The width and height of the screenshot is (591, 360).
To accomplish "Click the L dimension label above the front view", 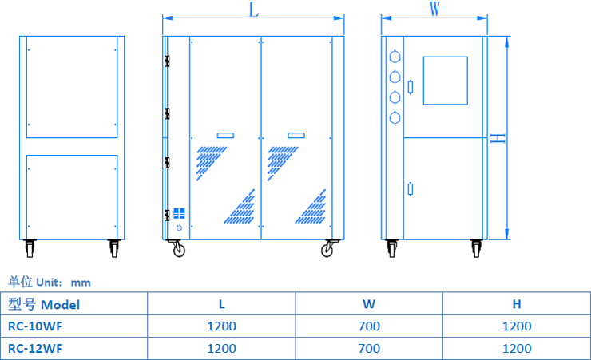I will point(253,10).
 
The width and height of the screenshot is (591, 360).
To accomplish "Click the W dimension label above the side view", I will point(434,10).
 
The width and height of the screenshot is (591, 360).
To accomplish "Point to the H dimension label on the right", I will point(498,138).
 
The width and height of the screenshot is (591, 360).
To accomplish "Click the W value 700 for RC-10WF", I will point(369,326).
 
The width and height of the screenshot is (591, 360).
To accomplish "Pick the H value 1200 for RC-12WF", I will point(517,349).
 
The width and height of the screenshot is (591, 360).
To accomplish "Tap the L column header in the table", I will point(221,304).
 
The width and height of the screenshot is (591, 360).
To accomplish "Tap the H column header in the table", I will point(517,304).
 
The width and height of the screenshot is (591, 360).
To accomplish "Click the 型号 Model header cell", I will point(44,304).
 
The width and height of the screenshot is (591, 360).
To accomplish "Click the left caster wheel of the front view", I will point(178,250).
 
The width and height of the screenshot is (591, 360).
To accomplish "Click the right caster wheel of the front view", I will point(327,250).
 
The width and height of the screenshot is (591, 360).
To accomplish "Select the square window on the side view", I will point(445,80).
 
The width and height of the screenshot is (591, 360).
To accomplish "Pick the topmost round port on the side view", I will point(393,57).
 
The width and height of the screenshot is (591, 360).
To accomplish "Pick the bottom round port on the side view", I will point(393,118).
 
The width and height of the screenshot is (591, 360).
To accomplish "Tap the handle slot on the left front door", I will point(225,136).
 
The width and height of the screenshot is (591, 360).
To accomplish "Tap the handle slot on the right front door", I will point(296,136).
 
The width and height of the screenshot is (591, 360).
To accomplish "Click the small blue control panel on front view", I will point(179,213).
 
